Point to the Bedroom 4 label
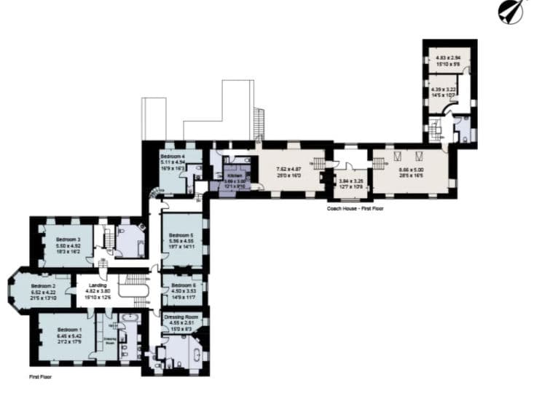[173, 156]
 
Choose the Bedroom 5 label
[181, 235]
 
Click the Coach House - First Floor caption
[355, 209]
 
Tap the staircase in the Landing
[133, 286]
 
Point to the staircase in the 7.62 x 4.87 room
[318, 162]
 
